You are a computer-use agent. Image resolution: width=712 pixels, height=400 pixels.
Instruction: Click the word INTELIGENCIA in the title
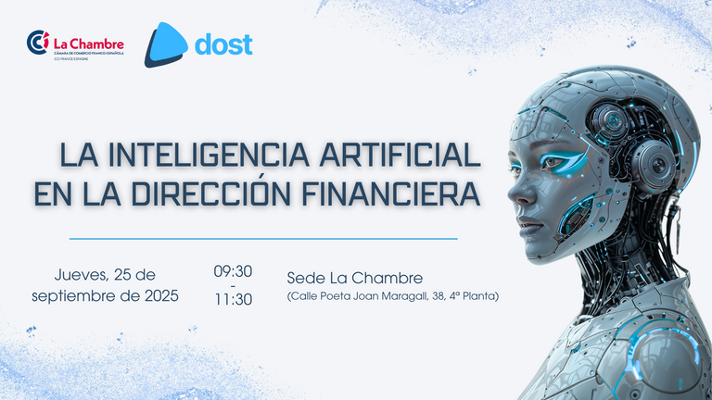coord(209,155)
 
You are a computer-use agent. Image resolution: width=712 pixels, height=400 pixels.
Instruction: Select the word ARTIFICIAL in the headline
coord(400,155)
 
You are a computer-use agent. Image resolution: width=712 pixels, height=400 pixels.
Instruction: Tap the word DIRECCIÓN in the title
coord(211,194)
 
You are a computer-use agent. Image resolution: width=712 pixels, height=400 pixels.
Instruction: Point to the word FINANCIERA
coord(391,194)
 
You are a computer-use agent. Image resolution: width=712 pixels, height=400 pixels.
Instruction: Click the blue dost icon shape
coord(166,44)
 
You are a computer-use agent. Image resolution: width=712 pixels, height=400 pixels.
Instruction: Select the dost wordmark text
coord(223,44)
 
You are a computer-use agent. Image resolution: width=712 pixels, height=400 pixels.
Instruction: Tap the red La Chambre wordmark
coord(89,44)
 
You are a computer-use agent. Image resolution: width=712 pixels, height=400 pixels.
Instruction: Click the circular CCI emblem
coord(38,43)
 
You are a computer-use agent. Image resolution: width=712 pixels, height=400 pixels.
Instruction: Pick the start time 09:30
coord(233,271)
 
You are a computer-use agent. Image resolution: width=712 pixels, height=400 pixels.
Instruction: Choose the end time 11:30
coord(234,299)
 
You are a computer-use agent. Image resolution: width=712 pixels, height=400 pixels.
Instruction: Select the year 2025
coord(161,295)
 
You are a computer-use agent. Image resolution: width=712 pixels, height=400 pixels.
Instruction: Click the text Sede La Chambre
coord(355,278)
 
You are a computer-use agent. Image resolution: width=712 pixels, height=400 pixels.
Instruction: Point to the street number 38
coord(439,296)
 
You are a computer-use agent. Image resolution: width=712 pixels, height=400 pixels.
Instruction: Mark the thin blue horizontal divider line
coord(263,239)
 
